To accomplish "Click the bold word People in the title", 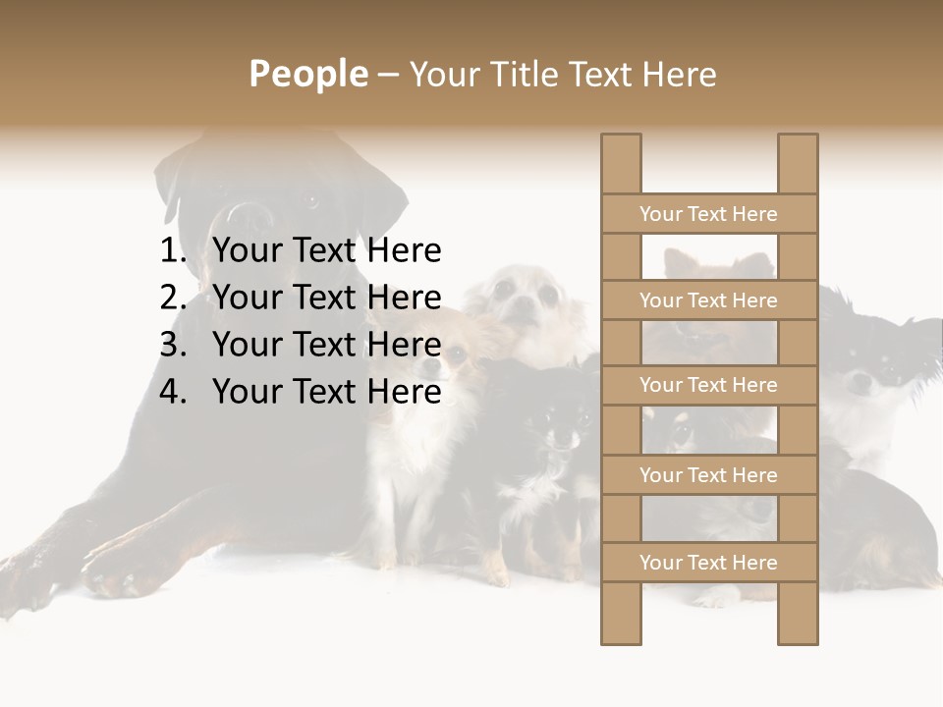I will coord(307,74).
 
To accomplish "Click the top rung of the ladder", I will coord(708,214).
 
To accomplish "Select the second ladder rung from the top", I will coord(708,300).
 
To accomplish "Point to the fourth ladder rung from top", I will coord(708,475).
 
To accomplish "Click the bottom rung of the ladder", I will coord(708,563).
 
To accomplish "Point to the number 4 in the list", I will coord(172,392).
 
